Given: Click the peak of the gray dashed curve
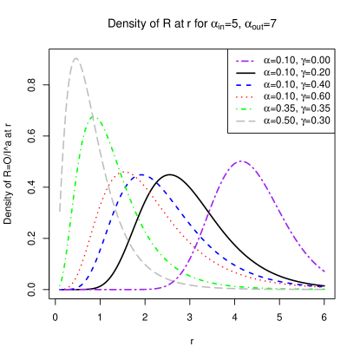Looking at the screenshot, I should click(x=77, y=58).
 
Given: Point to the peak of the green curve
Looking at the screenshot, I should click(x=93, y=116).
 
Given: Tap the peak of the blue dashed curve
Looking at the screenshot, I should click(x=140, y=174).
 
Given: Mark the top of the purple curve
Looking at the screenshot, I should click(x=240, y=160).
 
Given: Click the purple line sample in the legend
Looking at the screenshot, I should click(x=245, y=62).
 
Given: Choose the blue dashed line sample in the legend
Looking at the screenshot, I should click(x=245, y=85).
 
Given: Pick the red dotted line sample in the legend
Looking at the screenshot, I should click(x=245, y=97).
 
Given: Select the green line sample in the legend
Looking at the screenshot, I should click(x=245, y=109).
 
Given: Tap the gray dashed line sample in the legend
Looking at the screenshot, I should click(x=245, y=121).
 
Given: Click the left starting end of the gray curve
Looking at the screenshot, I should click(x=60, y=211).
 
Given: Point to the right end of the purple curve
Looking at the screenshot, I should click(x=325, y=272).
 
